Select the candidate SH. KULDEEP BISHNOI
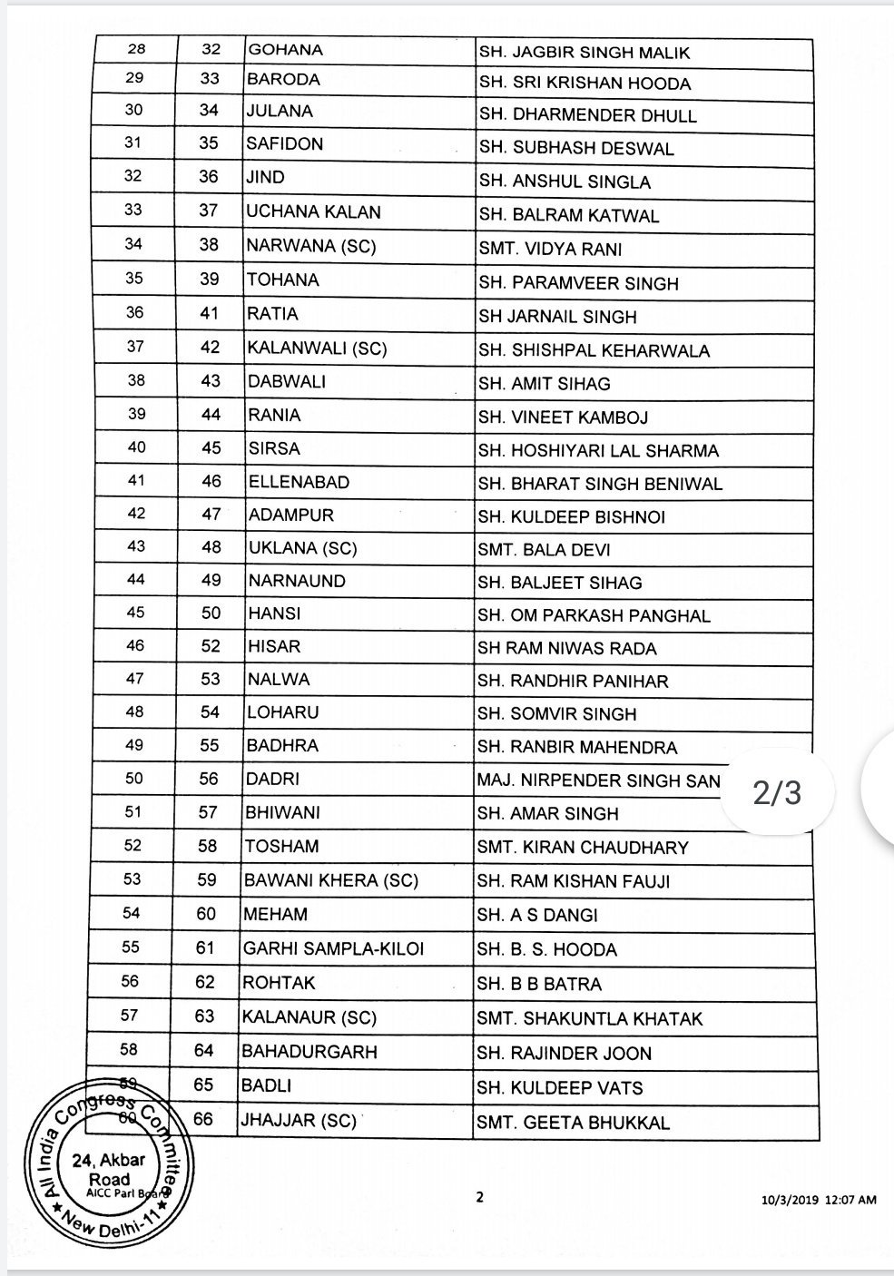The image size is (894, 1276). [x=572, y=516]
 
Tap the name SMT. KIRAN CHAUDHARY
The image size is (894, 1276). [x=595, y=848]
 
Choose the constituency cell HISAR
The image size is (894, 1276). [x=273, y=647]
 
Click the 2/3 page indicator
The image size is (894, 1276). [x=778, y=792]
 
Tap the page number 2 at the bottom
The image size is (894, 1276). [x=480, y=1197]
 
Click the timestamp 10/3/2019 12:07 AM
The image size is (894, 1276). [x=820, y=1200]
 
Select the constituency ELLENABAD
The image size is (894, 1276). [x=299, y=482]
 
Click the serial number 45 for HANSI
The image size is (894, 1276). [x=135, y=613]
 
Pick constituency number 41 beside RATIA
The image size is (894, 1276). [x=210, y=314]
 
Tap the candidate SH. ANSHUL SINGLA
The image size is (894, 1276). [x=565, y=182]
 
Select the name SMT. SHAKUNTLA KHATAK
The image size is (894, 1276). [x=590, y=1019]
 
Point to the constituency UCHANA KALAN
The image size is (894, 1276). [x=313, y=212]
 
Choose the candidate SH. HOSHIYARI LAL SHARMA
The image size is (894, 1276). [x=598, y=451]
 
